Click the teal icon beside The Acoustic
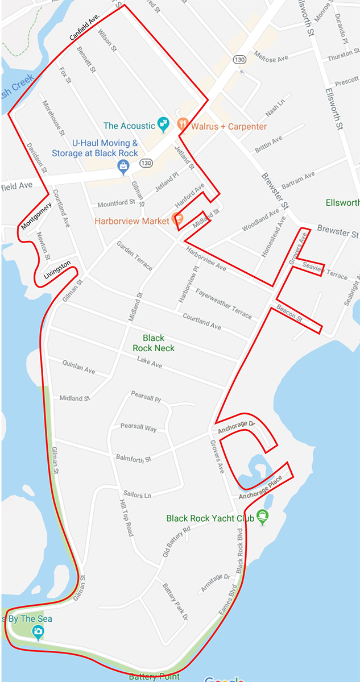click(x=163, y=123)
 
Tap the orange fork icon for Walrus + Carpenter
click(x=183, y=123)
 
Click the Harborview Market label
click(x=132, y=221)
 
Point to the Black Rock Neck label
click(x=154, y=343)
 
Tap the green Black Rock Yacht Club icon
click(x=262, y=517)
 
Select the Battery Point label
click(x=154, y=676)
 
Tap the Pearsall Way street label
click(x=138, y=427)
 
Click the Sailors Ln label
click(x=137, y=494)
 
